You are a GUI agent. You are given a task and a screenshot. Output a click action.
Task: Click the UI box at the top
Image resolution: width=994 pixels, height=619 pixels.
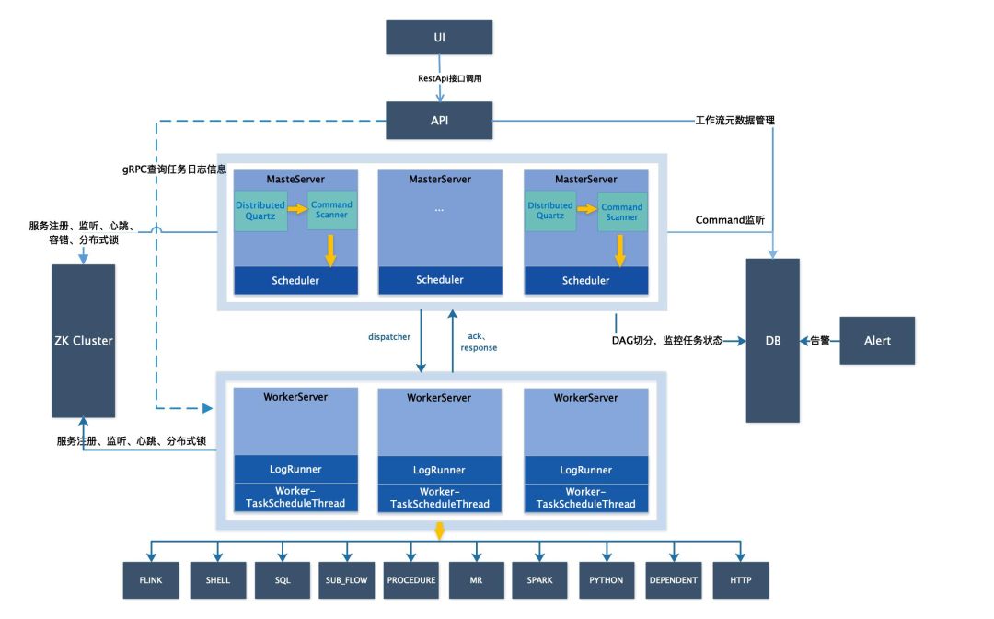tap(439, 37)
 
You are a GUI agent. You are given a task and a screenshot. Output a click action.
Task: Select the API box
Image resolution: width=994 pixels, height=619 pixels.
tap(439, 121)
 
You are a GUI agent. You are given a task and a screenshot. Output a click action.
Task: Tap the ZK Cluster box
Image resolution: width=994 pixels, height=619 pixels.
tap(84, 341)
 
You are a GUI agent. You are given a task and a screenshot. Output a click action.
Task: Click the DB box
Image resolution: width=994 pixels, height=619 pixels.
tap(773, 341)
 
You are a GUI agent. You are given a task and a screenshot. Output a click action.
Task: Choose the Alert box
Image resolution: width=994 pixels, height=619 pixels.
tap(877, 341)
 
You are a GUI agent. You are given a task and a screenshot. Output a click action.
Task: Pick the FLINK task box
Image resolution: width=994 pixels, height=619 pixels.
tap(150, 580)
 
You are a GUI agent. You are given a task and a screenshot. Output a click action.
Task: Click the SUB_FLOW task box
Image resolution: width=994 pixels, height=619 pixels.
tap(346, 580)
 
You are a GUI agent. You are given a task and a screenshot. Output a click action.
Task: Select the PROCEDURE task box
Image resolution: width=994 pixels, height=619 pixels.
tap(411, 580)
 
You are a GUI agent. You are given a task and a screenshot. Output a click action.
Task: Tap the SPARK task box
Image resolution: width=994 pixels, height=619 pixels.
tap(541, 580)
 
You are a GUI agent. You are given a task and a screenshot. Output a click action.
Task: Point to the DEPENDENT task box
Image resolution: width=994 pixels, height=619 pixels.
tap(673, 580)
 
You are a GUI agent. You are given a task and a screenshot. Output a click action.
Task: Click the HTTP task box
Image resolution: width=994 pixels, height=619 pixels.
tap(740, 580)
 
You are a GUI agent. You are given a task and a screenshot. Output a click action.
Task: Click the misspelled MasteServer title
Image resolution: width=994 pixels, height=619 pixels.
tap(295, 179)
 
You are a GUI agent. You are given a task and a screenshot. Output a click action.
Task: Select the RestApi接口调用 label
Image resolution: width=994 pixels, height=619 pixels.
tap(450, 79)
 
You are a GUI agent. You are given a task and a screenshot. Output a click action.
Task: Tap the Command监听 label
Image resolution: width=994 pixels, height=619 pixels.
tap(730, 219)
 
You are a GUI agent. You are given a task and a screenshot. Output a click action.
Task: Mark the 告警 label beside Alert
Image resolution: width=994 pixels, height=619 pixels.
tap(819, 341)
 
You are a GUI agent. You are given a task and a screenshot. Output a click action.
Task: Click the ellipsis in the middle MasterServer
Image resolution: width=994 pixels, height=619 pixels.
tap(439, 210)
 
